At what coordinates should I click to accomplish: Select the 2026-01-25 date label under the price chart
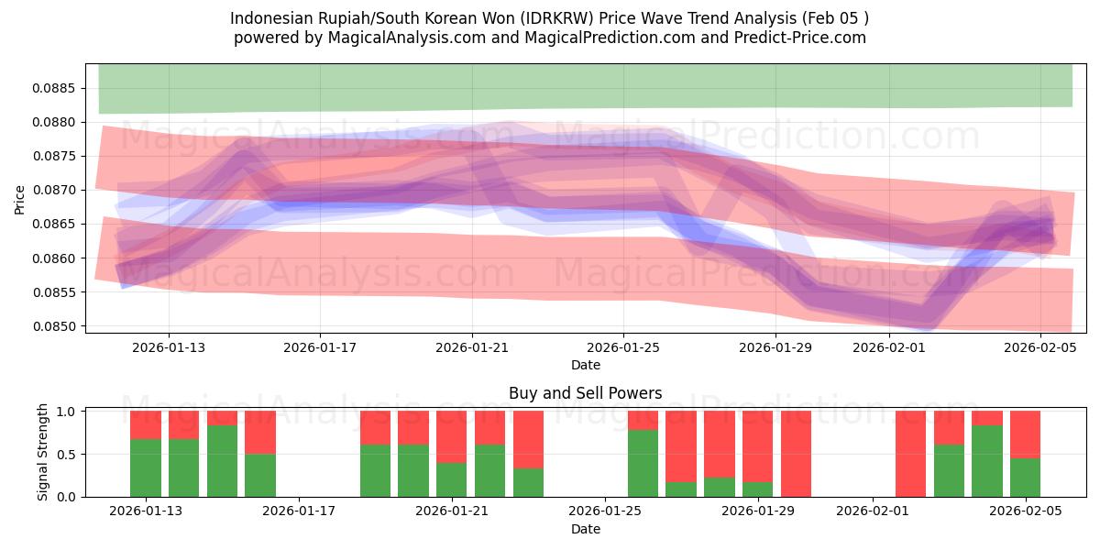[623, 348]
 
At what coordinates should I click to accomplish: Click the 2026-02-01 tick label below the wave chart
[889, 348]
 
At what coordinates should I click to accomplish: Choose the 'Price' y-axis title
[20, 198]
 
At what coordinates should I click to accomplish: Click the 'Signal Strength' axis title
[43, 453]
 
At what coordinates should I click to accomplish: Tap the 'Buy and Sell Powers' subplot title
[585, 393]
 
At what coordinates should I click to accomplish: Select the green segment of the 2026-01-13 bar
[146, 467]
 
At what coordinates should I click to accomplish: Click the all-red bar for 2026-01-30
[797, 454]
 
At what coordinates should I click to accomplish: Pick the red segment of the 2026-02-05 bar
[1025, 434]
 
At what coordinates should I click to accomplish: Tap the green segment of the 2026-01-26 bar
[643, 463]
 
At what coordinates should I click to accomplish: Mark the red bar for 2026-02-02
[910, 454]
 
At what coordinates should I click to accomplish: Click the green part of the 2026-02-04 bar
[987, 461]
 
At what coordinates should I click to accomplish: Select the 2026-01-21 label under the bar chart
[452, 511]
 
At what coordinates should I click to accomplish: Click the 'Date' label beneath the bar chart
[585, 529]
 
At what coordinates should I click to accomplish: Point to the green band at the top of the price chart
[585, 87]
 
